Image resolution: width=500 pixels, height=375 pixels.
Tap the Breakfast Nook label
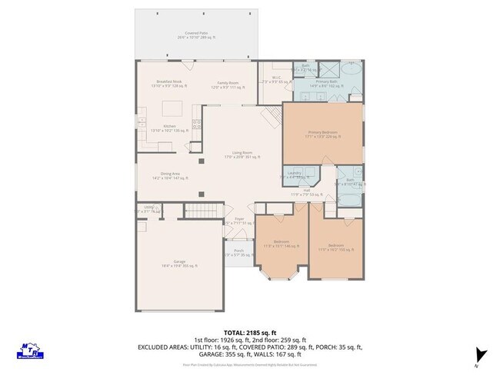tap(168, 82)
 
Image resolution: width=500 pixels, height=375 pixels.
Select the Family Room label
tap(228, 83)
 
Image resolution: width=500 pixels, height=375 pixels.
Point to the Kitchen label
tap(170, 128)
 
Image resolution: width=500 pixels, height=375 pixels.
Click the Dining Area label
tap(170, 175)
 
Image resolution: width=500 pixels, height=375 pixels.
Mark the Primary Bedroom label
tap(324, 134)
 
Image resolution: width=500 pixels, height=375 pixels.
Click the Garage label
tap(179, 263)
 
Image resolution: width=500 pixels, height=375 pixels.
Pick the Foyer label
tap(239, 221)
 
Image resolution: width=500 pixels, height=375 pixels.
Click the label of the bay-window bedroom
tap(281, 243)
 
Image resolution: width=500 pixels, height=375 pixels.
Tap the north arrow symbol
tap(482, 354)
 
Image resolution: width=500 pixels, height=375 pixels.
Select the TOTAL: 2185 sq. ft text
tap(249, 333)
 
